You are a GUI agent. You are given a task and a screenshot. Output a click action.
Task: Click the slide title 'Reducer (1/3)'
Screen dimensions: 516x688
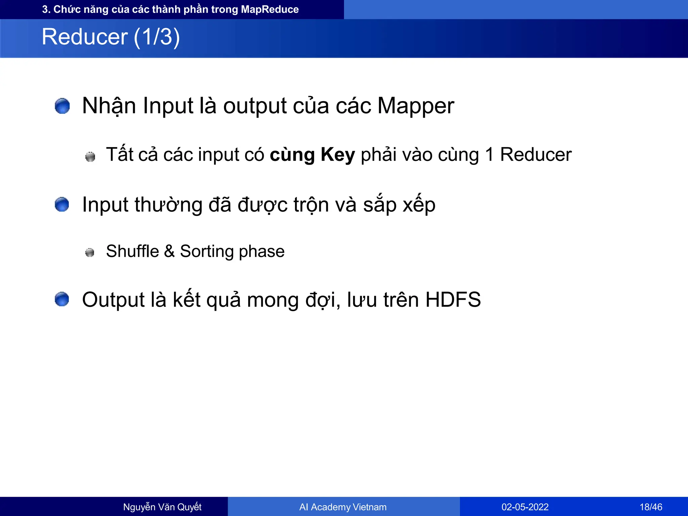click(111, 37)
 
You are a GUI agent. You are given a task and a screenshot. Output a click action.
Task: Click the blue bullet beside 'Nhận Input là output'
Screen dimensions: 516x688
click(62, 106)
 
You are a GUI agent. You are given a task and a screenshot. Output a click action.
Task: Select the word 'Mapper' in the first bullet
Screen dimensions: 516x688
click(416, 106)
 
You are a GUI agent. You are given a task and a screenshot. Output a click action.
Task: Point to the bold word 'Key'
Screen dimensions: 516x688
click(338, 155)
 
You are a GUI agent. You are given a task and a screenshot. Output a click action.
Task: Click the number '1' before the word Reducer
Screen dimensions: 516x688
click(489, 155)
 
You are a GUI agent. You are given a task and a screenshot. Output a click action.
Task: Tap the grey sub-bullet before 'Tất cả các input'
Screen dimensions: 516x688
click(90, 157)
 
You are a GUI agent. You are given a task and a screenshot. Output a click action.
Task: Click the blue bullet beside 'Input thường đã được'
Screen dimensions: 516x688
click(62, 205)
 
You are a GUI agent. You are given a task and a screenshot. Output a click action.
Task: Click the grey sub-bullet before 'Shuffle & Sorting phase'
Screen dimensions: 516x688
click(90, 252)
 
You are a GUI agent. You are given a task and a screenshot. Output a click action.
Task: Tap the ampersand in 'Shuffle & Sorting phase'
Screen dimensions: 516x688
click(169, 251)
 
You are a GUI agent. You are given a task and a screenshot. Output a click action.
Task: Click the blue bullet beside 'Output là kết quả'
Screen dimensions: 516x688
click(62, 299)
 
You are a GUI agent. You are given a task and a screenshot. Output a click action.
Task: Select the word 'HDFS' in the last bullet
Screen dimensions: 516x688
click(453, 300)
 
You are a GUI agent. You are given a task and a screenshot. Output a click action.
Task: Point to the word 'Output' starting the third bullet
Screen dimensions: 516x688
click(113, 300)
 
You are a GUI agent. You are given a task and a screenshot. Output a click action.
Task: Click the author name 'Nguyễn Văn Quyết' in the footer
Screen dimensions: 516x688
click(162, 507)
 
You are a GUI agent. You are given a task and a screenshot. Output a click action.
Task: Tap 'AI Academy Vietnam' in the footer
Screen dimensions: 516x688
click(343, 507)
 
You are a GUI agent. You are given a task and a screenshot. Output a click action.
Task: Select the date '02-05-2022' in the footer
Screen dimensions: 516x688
click(525, 507)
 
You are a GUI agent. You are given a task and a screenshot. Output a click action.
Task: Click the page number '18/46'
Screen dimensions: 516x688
click(651, 507)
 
